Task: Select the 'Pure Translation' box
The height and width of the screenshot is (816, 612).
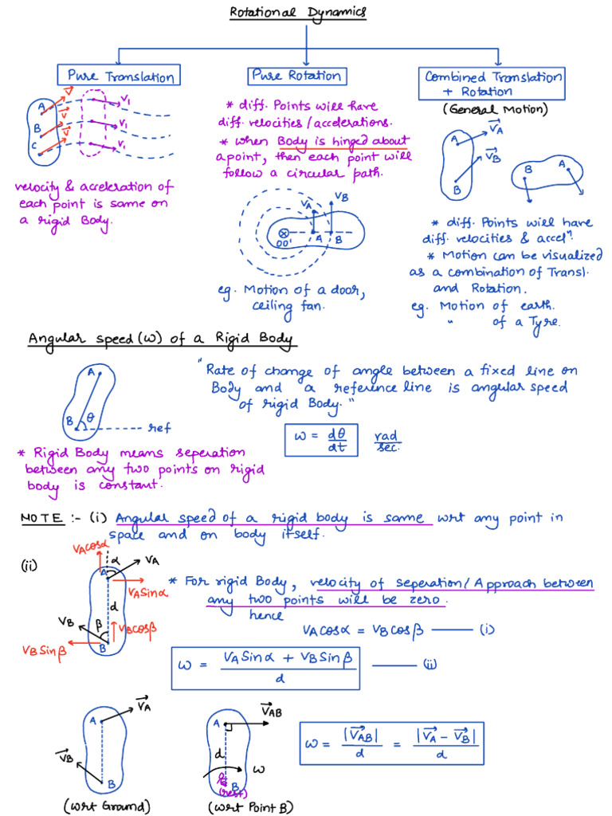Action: [120, 76]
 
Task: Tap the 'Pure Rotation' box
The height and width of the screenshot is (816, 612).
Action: [296, 76]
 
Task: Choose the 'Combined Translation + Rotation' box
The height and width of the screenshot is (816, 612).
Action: [492, 83]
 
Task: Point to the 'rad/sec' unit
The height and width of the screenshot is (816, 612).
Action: [387, 441]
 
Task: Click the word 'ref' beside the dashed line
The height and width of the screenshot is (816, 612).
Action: [159, 428]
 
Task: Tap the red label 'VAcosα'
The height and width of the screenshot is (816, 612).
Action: [88, 547]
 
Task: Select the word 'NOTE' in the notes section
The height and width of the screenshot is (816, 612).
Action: [42, 519]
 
